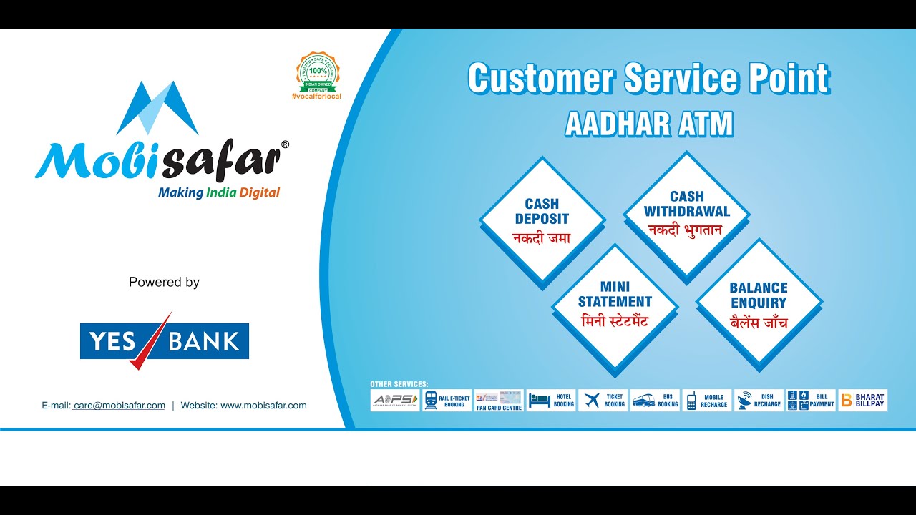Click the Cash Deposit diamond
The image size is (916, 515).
pyautogui.click(x=542, y=220)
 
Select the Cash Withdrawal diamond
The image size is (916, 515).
pyautogui.click(x=686, y=213)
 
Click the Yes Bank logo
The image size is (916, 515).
pyautogui.click(x=164, y=340)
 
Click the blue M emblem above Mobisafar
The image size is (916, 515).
pyautogui.click(x=157, y=107)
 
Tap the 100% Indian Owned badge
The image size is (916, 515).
pyautogui.click(x=317, y=72)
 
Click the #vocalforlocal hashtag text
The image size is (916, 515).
pyautogui.click(x=316, y=96)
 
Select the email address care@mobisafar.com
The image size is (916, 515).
pyautogui.click(x=119, y=406)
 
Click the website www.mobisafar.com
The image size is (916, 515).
pyautogui.click(x=263, y=406)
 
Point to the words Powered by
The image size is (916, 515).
pyautogui.click(x=164, y=283)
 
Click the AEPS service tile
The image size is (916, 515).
pyautogui.click(x=395, y=401)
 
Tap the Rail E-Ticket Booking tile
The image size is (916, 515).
pyautogui.click(x=447, y=401)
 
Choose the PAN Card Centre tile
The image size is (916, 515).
pyautogui.click(x=499, y=401)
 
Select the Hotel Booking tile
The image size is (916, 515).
pyautogui.click(x=551, y=401)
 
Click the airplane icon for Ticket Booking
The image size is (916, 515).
pyautogui.click(x=592, y=401)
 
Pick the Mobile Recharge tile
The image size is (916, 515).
pyautogui.click(x=707, y=401)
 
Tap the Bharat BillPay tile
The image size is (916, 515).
pyautogui.click(x=862, y=401)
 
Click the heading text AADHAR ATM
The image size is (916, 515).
pyautogui.click(x=649, y=124)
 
